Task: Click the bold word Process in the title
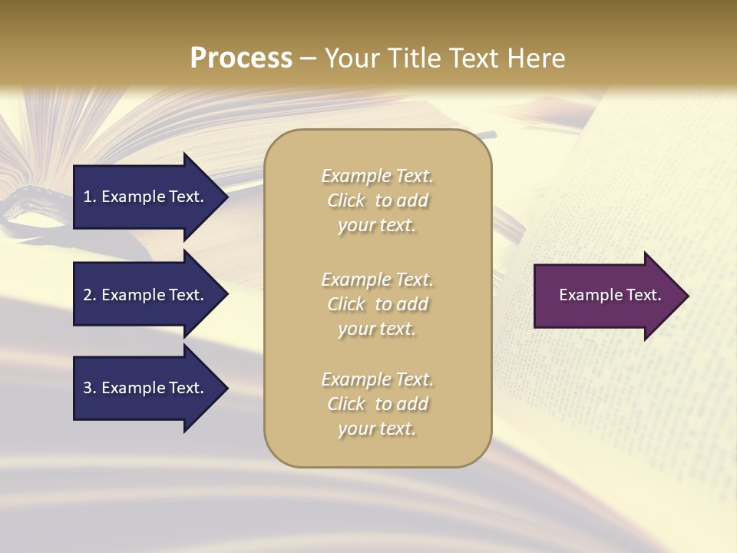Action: pyautogui.click(x=241, y=58)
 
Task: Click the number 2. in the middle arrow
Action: pyautogui.click(x=90, y=295)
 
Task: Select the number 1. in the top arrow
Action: pyautogui.click(x=90, y=197)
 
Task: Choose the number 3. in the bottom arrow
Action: pyautogui.click(x=90, y=388)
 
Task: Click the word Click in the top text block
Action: pyautogui.click(x=346, y=201)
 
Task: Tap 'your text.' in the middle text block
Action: pyautogui.click(x=377, y=329)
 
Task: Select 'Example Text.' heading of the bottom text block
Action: pyautogui.click(x=377, y=379)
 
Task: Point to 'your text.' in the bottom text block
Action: pyautogui.click(x=377, y=429)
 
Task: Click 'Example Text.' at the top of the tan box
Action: pyautogui.click(x=377, y=176)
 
